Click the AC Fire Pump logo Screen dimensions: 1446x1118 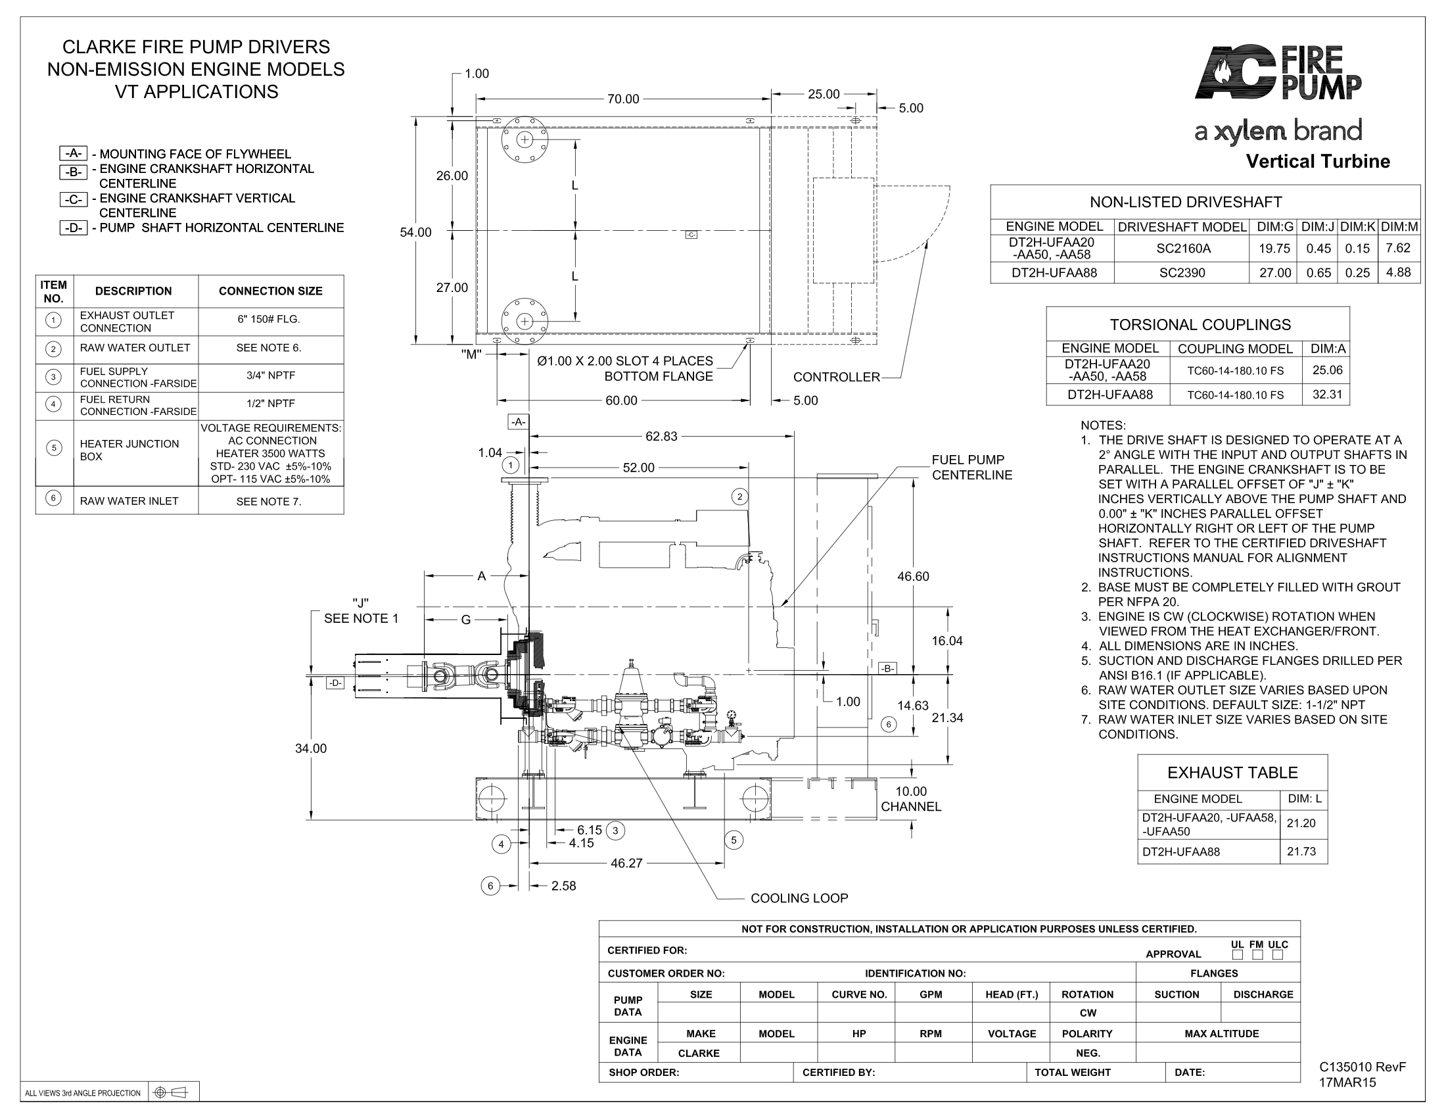pyautogui.click(x=1278, y=73)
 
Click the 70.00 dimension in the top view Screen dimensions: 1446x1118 pyautogui.click(x=623, y=99)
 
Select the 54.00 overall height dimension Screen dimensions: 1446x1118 pyautogui.click(x=415, y=232)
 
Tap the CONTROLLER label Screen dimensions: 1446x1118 pyautogui.click(x=836, y=377)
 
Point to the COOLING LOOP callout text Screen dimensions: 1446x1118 pyautogui.click(x=799, y=898)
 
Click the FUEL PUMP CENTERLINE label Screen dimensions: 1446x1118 pyautogui.click(x=972, y=467)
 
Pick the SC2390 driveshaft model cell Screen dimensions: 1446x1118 pyautogui.click(x=1182, y=272)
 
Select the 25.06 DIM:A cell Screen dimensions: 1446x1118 pyautogui.click(x=1327, y=370)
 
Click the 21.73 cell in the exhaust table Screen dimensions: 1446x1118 pyautogui.click(x=1301, y=851)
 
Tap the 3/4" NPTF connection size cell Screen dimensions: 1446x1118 pyautogui.click(x=271, y=376)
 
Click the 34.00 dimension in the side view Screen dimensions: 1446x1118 pyautogui.click(x=310, y=748)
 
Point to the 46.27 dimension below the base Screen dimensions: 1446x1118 pyautogui.click(x=626, y=863)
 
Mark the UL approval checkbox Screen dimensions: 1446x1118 pyautogui.click(x=1237, y=954)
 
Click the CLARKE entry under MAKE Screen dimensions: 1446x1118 pyautogui.click(x=699, y=1053)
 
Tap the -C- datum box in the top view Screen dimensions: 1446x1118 pyautogui.click(x=691, y=235)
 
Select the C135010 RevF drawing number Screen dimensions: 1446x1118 pyautogui.click(x=1362, y=1067)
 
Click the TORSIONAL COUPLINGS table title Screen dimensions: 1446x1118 pyautogui.click(x=1200, y=324)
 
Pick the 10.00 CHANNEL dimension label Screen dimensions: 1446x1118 pyautogui.click(x=910, y=799)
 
